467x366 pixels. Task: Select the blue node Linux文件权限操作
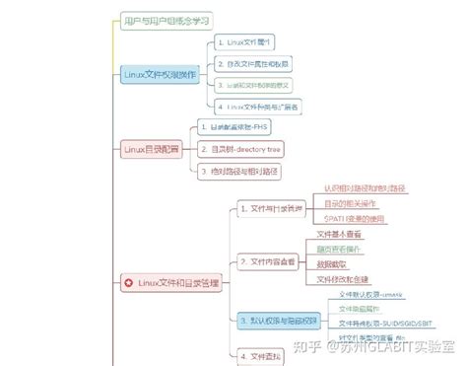point(159,74)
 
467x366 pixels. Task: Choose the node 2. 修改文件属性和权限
point(254,63)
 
